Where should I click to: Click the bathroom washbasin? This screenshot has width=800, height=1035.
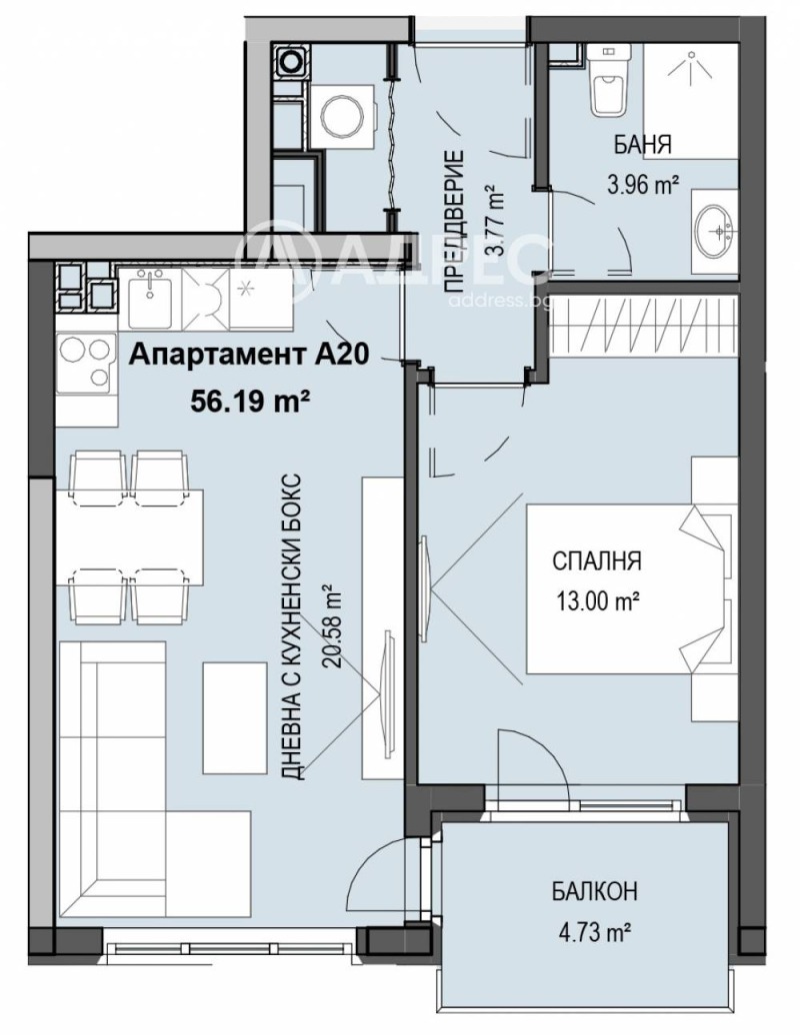click(714, 230)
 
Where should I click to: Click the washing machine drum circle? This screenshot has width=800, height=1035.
click(339, 117)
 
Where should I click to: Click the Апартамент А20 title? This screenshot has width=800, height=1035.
click(247, 356)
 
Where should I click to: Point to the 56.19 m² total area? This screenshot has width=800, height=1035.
click(251, 400)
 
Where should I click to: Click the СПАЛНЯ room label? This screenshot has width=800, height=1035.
click(597, 561)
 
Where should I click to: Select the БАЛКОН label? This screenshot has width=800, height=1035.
click(595, 891)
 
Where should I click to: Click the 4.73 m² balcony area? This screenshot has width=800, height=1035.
click(595, 933)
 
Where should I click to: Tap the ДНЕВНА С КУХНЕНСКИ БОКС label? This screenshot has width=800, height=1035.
click(291, 626)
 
